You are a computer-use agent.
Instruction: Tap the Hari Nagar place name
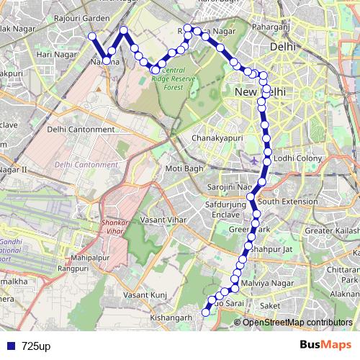coord(58,54)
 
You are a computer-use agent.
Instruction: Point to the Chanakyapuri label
coord(216,137)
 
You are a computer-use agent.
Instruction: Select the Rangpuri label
coord(73,270)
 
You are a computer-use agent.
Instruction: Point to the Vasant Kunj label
coord(145,295)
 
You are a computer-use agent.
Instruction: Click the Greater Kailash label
coord(332,230)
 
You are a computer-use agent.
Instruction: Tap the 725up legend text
coord(35,346)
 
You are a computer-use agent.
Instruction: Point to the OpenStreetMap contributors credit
coord(297,323)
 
